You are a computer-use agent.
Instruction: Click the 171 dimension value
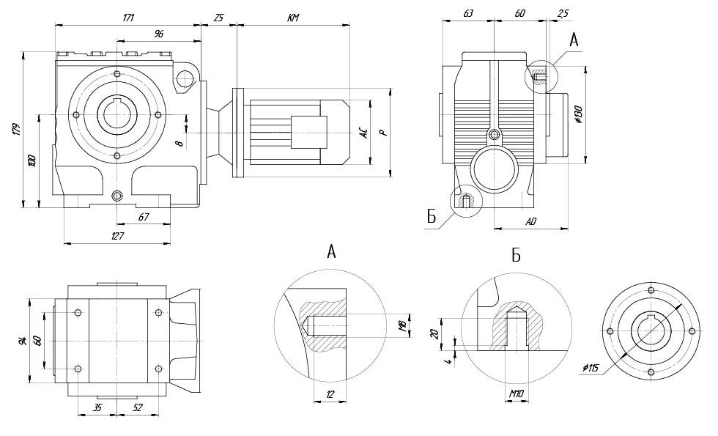[128, 16]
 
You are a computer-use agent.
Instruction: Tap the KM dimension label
[292, 16]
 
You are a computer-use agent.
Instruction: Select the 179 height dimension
[16, 130]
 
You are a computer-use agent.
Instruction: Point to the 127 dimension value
[117, 236]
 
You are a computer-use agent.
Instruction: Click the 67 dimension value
[144, 217]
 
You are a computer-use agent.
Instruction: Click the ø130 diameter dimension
[578, 114]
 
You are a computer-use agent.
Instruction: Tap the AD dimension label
[532, 221]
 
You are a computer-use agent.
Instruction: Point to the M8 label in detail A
[401, 325]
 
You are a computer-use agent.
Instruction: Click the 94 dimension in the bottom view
[23, 339]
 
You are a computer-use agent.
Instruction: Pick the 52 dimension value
[137, 407]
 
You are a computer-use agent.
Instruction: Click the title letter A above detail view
[331, 252]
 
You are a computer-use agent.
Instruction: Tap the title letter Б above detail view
[516, 255]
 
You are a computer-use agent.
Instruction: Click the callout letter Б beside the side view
[431, 215]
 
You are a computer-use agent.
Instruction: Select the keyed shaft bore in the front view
[117, 115]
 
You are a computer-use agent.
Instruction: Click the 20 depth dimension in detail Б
[434, 333]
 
